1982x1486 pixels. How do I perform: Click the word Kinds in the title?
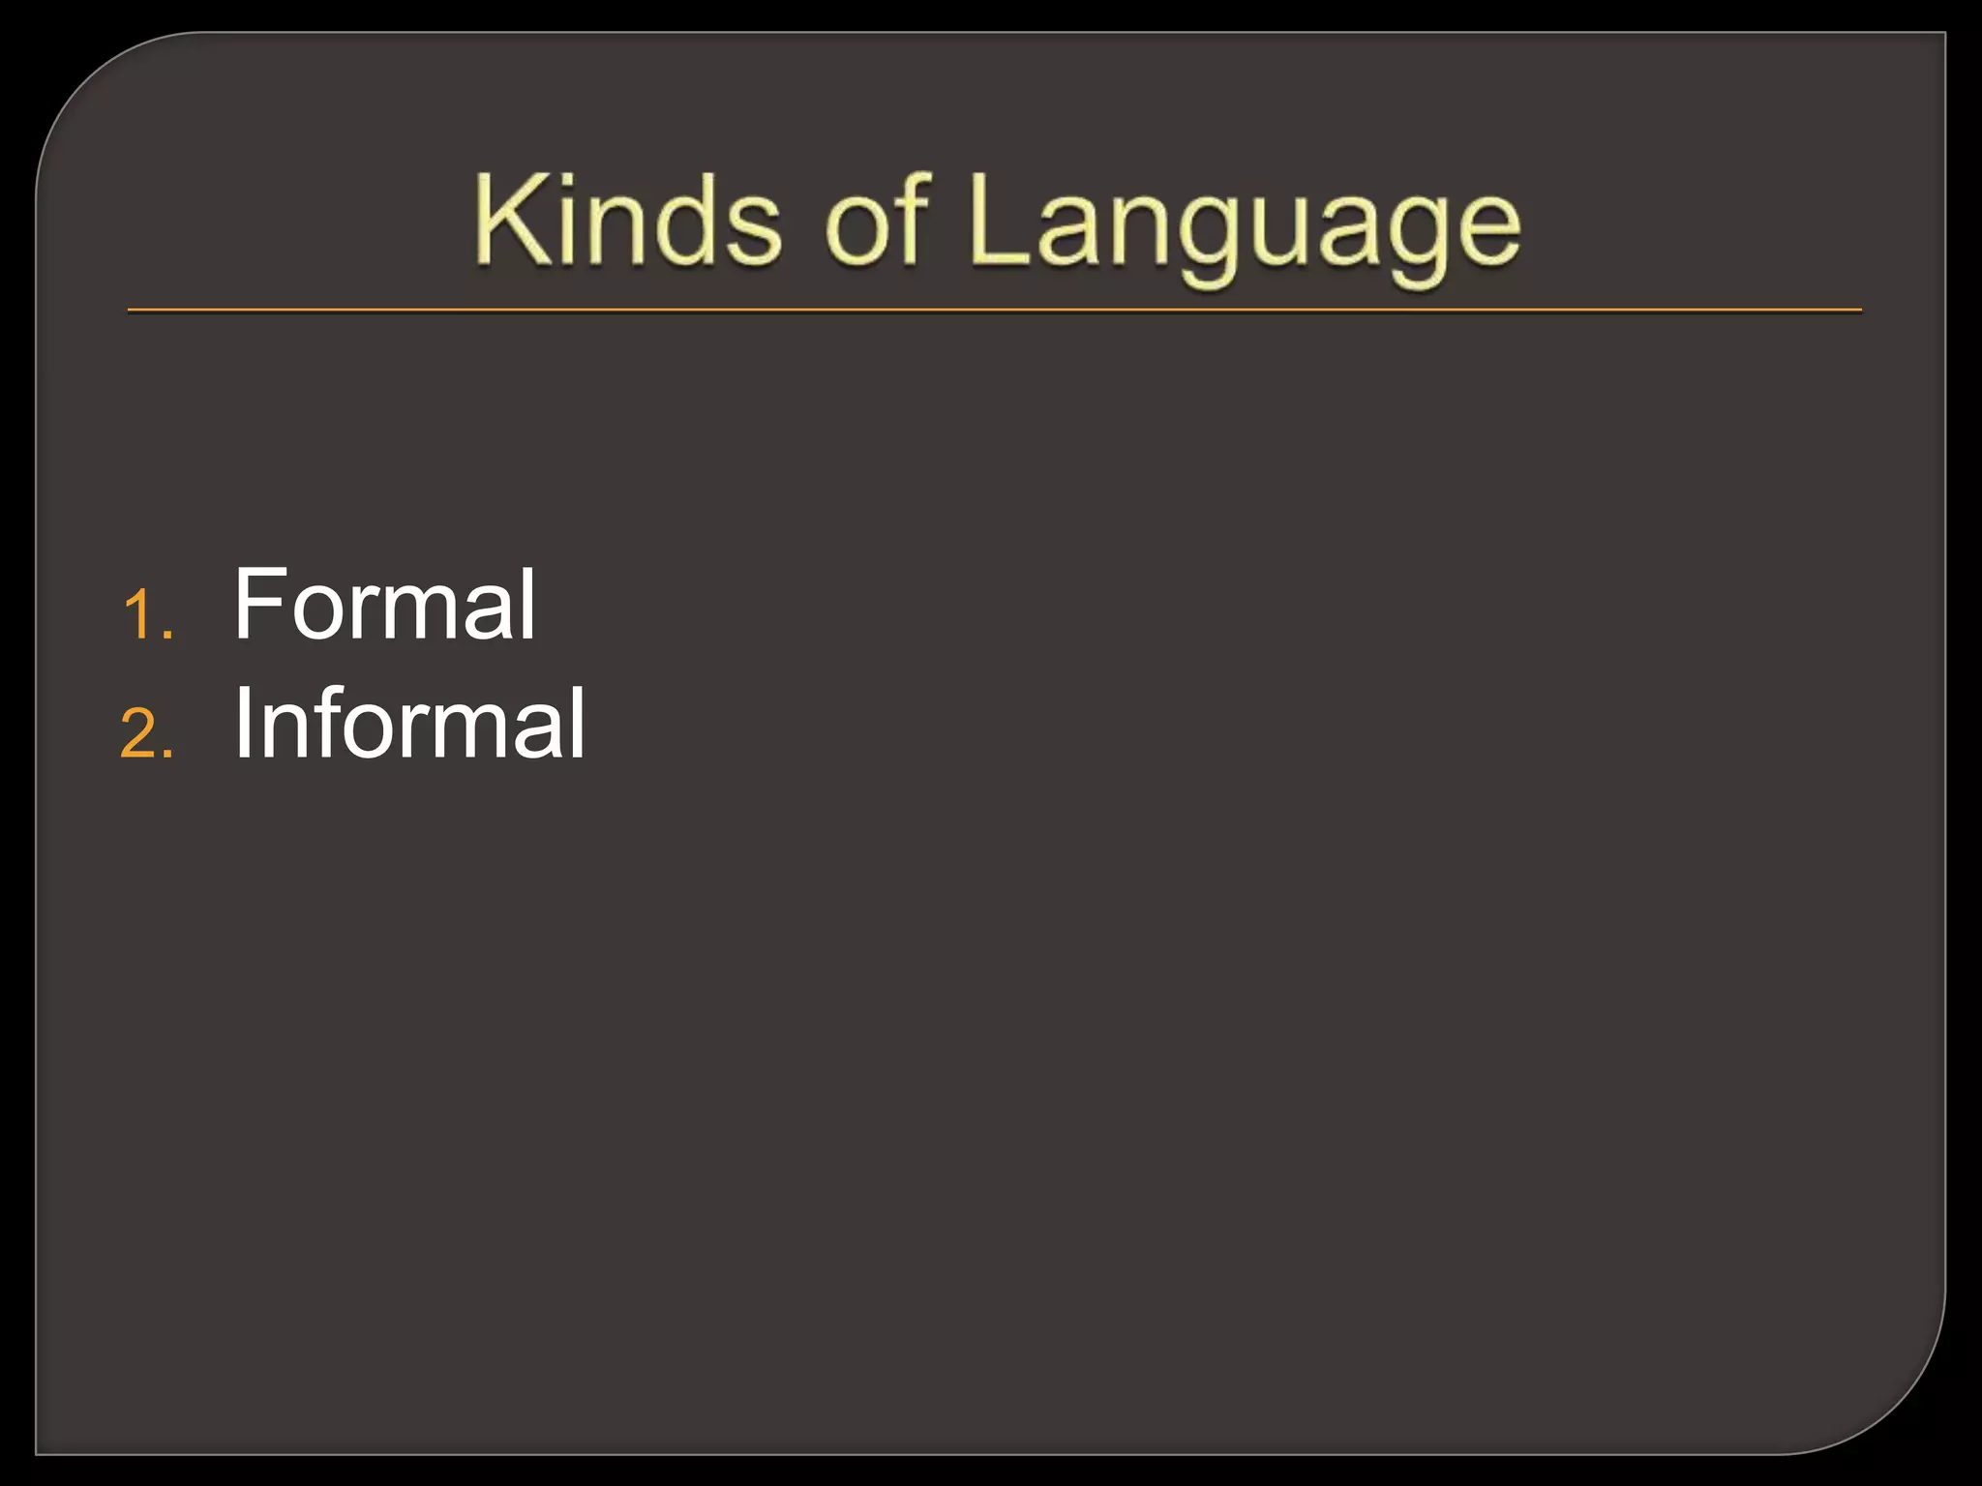[x=627, y=221]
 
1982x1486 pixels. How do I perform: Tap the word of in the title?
[x=877, y=221]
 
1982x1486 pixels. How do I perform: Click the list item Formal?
[x=384, y=605]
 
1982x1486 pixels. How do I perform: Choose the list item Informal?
[x=409, y=724]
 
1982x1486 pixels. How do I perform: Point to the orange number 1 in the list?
[x=138, y=616]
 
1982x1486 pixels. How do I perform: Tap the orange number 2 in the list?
[x=137, y=734]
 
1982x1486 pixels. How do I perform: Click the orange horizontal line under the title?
[x=994, y=311]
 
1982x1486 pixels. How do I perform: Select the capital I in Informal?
[x=242, y=724]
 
